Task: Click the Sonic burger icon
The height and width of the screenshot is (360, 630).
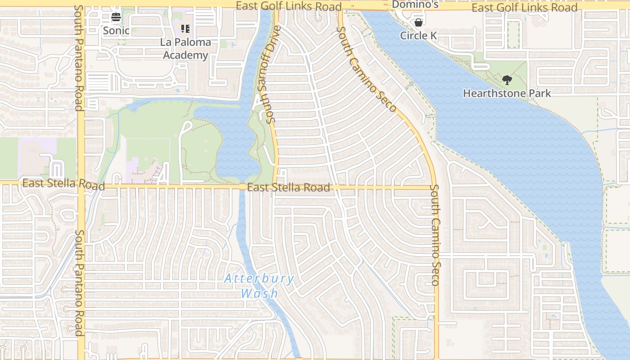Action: pos(116,18)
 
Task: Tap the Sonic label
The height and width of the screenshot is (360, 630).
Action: pos(116,31)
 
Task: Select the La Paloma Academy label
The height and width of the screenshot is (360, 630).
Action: pos(185,49)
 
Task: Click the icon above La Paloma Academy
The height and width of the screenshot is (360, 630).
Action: pos(185,29)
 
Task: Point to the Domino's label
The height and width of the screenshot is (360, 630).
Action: pos(415,4)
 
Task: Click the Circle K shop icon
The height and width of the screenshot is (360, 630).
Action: pos(418,22)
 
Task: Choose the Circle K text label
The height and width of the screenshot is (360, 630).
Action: pos(418,35)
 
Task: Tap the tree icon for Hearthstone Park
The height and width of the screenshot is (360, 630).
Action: pos(507,80)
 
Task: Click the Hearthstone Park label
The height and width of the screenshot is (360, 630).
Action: pos(507,93)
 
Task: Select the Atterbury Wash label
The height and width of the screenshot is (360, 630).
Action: pos(259,286)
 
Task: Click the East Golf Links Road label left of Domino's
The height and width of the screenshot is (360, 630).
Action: pos(288,6)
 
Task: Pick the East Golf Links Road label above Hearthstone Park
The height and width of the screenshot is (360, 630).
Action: pos(524,7)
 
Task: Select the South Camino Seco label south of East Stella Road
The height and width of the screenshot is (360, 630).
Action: pos(435,234)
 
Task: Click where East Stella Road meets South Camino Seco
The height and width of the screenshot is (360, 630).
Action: pos(434,187)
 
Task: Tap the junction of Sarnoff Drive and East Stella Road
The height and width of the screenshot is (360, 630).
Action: pos(275,185)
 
